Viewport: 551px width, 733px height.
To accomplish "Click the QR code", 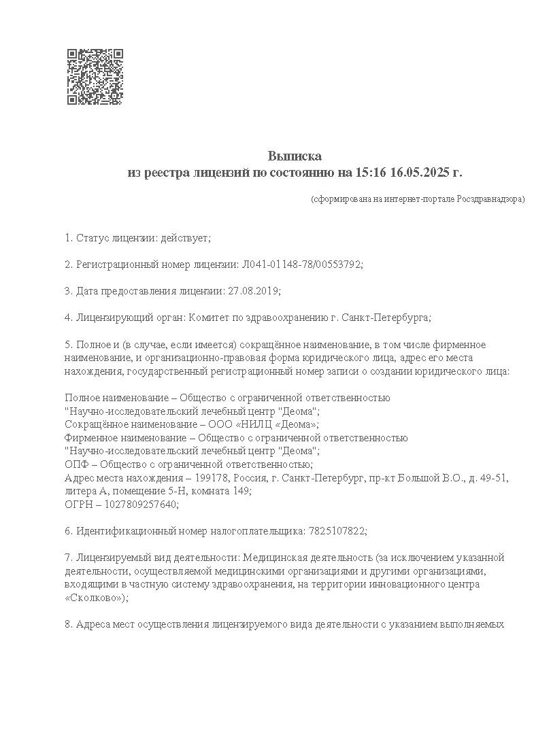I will [x=95, y=76].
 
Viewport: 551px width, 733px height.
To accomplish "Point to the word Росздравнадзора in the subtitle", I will [x=489, y=199].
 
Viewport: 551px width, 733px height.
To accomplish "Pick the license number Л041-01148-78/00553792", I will [x=301, y=265].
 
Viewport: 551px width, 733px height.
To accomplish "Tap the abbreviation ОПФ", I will [x=76, y=464].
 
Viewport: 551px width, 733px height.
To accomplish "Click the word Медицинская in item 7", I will [x=269, y=558].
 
